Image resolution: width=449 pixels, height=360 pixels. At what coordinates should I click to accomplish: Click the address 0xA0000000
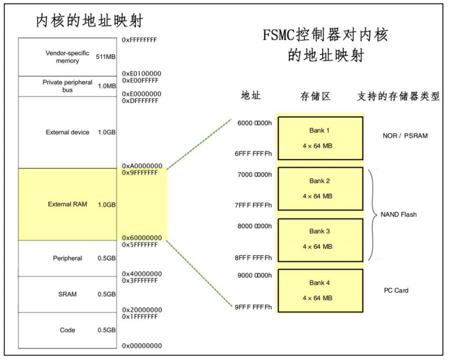[x=142, y=166]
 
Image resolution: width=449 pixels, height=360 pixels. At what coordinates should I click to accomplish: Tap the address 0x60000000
[x=142, y=238]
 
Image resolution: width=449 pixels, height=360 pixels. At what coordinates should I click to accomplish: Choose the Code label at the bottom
[x=67, y=330]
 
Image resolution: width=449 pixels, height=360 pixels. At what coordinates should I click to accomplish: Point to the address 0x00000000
[x=142, y=345]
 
